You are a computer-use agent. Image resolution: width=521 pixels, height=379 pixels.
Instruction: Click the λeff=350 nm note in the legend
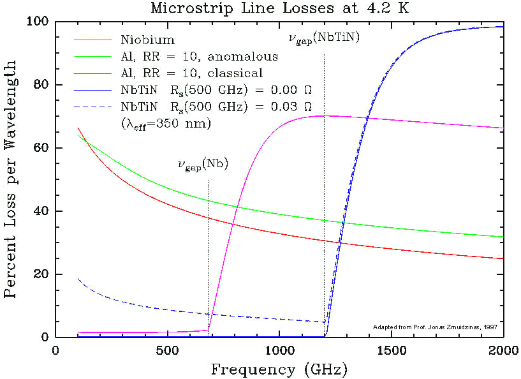point(165,123)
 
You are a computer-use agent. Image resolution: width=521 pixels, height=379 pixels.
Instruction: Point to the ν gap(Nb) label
point(203,166)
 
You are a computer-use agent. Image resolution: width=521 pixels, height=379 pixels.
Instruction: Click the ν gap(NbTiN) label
point(324,38)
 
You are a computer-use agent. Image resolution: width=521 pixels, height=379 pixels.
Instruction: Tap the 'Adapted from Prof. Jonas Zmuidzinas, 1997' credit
point(435,327)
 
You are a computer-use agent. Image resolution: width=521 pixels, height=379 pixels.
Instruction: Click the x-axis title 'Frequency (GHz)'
point(279,369)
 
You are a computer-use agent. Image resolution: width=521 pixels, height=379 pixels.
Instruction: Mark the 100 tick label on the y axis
point(40,22)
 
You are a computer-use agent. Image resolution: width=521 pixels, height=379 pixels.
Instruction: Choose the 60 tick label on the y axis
point(43,148)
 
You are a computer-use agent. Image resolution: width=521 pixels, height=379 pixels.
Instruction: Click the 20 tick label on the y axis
point(43,274)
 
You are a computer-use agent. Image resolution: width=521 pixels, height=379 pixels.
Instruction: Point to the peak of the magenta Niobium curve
point(325,115)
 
